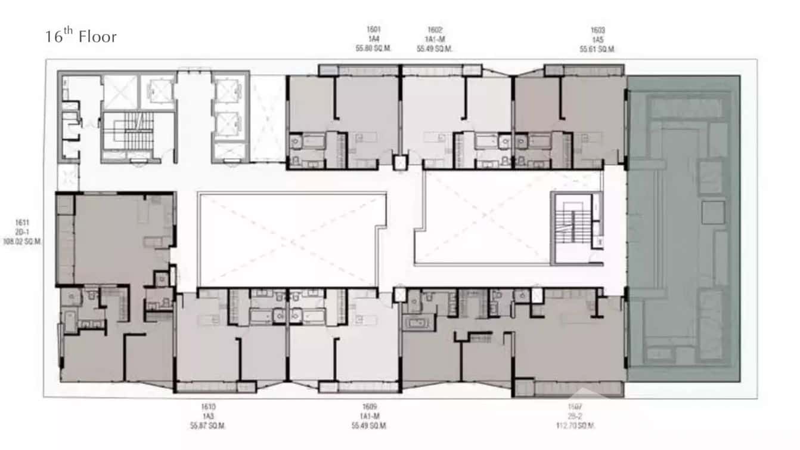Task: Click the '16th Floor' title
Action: tap(81, 36)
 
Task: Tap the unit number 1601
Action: tap(374, 29)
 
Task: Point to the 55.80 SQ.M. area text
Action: tap(374, 49)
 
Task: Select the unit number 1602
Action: tap(435, 29)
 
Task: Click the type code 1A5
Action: tap(597, 39)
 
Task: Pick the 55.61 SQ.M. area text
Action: tap(597, 49)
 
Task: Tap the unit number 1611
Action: tap(22, 223)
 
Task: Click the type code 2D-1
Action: tap(22, 233)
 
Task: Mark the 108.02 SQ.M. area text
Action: tap(22, 242)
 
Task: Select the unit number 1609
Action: tap(370, 406)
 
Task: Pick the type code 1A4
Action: tap(374, 39)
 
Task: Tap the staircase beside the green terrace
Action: tap(573, 226)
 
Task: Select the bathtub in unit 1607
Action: tap(415, 323)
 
